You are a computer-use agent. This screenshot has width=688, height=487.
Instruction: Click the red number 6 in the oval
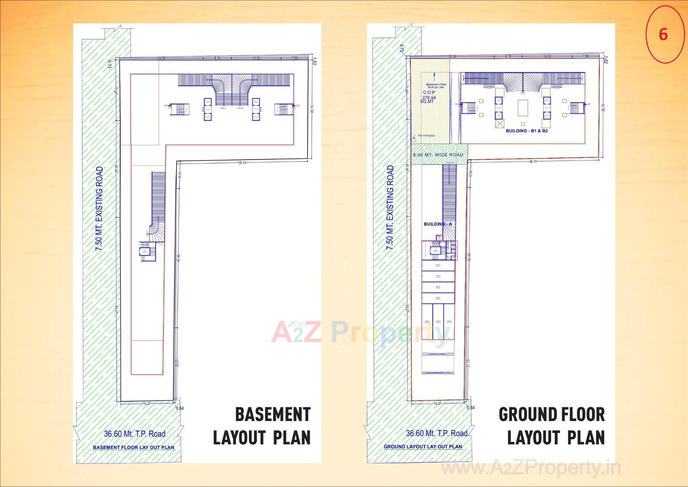click(x=663, y=34)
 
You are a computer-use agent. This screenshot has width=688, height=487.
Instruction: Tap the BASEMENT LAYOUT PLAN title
click(x=262, y=426)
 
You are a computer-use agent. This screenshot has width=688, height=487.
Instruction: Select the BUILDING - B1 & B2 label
click(x=526, y=131)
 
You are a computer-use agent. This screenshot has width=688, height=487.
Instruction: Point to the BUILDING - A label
click(x=438, y=224)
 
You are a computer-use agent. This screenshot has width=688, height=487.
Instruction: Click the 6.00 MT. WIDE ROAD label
click(x=438, y=155)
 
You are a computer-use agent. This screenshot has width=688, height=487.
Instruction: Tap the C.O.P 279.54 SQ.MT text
click(x=429, y=97)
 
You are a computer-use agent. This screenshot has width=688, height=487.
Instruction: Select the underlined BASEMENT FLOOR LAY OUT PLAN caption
click(x=133, y=448)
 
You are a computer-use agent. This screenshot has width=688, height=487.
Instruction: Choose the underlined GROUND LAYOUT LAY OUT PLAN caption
click(x=423, y=447)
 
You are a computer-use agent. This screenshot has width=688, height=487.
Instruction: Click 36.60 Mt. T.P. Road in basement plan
click(x=135, y=434)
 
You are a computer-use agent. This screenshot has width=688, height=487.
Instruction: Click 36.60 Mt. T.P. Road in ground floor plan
click(x=436, y=433)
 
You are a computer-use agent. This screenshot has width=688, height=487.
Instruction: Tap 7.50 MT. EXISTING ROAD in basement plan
click(x=99, y=208)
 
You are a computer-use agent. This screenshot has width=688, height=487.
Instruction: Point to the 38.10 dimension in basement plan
click(x=242, y=163)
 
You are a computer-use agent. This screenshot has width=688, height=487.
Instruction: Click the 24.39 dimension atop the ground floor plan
click(x=452, y=56)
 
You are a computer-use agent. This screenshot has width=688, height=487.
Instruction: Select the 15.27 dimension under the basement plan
click(x=147, y=404)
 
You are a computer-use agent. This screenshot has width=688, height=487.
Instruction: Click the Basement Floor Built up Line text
click(x=436, y=86)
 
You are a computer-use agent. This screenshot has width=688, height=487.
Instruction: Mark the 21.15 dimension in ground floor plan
click(x=468, y=363)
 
